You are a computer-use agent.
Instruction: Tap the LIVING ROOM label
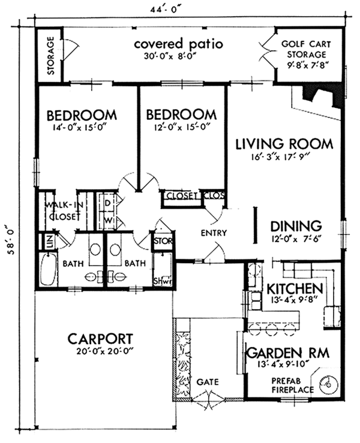click(x=284, y=144)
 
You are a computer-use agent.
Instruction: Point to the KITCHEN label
click(x=295, y=288)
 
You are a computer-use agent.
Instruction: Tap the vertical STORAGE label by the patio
click(x=50, y=57)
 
